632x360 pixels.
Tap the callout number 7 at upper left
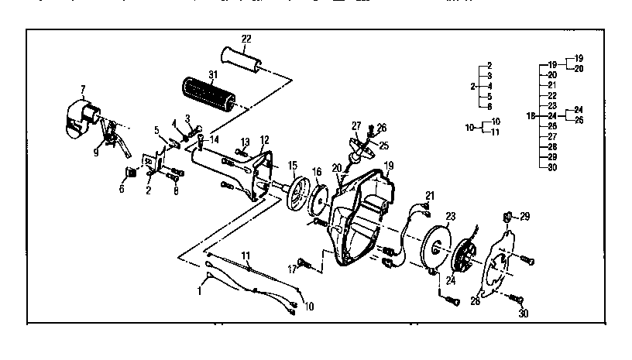coord(83,91)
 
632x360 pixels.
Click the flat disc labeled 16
coord(318,198)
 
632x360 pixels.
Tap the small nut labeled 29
coord(507,217)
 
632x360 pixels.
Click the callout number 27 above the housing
coord(356,125)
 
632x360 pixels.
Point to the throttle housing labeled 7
coord(80,117)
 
